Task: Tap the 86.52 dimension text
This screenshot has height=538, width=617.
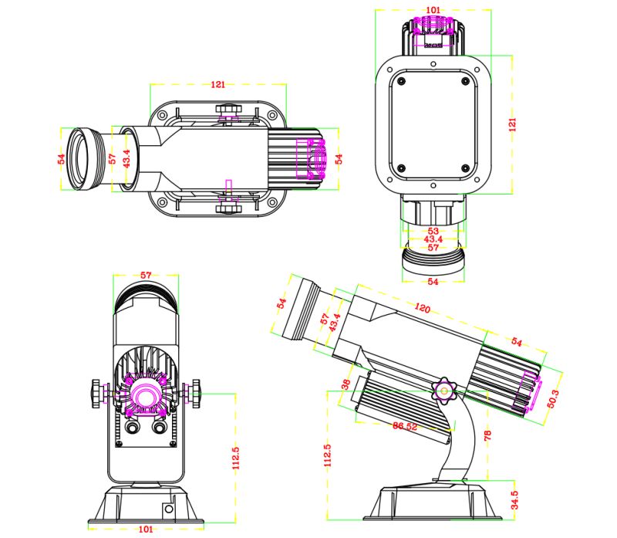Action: (x=404, y=425)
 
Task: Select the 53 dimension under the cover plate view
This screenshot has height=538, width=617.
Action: (x=433, y=230)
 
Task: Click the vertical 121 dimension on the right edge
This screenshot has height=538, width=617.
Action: (x=513, y=124)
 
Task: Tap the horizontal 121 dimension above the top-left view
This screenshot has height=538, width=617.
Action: (x=218, y=84)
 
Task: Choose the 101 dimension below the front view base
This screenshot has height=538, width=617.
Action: (x=147, y=529)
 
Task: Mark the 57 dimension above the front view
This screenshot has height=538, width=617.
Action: (x=146, y=275)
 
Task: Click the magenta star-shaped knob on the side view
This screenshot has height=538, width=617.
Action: (x=445, y=390)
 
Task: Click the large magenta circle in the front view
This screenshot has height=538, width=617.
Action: (x=145, y=395)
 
